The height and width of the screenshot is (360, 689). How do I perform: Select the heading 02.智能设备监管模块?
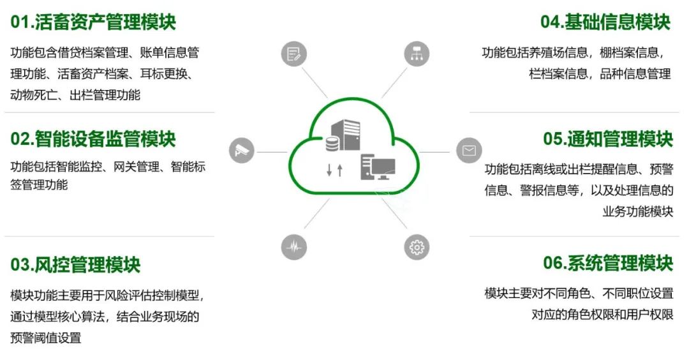tap(93, 139)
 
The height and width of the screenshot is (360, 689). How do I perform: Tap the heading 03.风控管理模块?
tap(75, 264)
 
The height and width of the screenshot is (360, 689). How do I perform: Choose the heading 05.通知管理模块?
tap(608, 139)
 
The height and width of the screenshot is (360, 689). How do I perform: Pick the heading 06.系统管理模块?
tap(608, 262)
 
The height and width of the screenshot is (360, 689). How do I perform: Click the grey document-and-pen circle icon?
tap(294, 54)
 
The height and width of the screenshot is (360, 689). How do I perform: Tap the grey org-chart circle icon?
tap(417, 54)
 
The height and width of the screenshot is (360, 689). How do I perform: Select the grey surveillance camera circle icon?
tap(242, 151)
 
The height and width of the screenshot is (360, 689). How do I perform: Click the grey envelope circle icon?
tap(469, 151)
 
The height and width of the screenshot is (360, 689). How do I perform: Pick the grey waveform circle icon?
tap(294, 247)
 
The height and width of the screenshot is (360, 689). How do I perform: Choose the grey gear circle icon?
tap(417, 247)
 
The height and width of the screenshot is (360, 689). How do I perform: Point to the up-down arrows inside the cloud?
tap(334, 170)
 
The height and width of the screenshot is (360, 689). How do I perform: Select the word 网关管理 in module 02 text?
tap(135, 167)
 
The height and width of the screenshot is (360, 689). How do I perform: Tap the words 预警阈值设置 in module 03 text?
tap(46, 338)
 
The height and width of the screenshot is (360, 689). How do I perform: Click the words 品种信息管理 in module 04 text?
tap(635, 73)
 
